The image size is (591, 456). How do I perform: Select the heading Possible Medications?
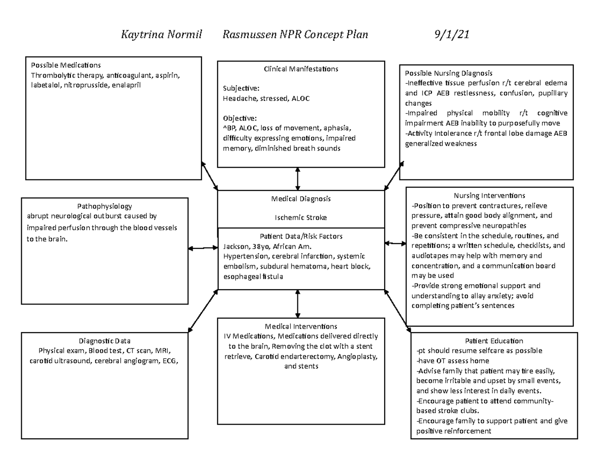(x=66, y=65)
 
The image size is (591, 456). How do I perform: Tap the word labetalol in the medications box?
(x=44, y=85)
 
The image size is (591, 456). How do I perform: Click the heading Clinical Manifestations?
(x=301, y=69)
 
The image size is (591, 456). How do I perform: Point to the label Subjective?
(x=241, y=89)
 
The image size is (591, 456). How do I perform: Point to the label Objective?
(x=239, y=119)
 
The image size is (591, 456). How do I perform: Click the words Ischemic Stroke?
(x=301, y=217)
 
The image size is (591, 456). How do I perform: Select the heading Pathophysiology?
(x=104, y=207)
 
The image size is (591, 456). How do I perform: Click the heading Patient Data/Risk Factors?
(x=301, y=236)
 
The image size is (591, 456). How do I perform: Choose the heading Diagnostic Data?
(x=104, y=341)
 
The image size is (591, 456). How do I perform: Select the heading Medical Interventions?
(x=301, y=326)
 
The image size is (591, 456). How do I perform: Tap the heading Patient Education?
(x=493, y=341)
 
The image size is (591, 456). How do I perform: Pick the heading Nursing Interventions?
(x=489, y=196)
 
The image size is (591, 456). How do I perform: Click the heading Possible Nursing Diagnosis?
(x=448, y=73)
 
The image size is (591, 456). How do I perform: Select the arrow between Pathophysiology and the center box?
(x=203, y=248)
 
